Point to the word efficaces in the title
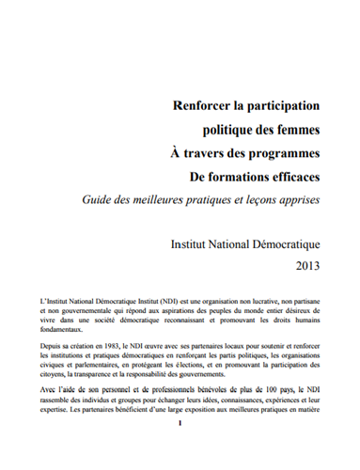[286, 175]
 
